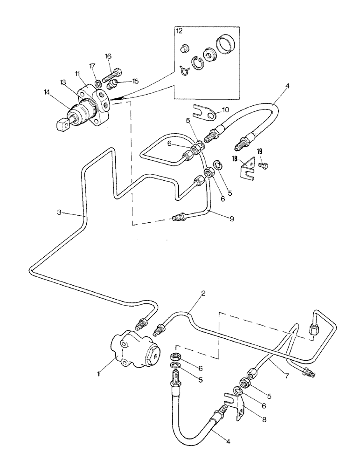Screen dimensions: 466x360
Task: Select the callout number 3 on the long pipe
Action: (59, 212)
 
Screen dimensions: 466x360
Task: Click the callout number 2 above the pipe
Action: (203, 294)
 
